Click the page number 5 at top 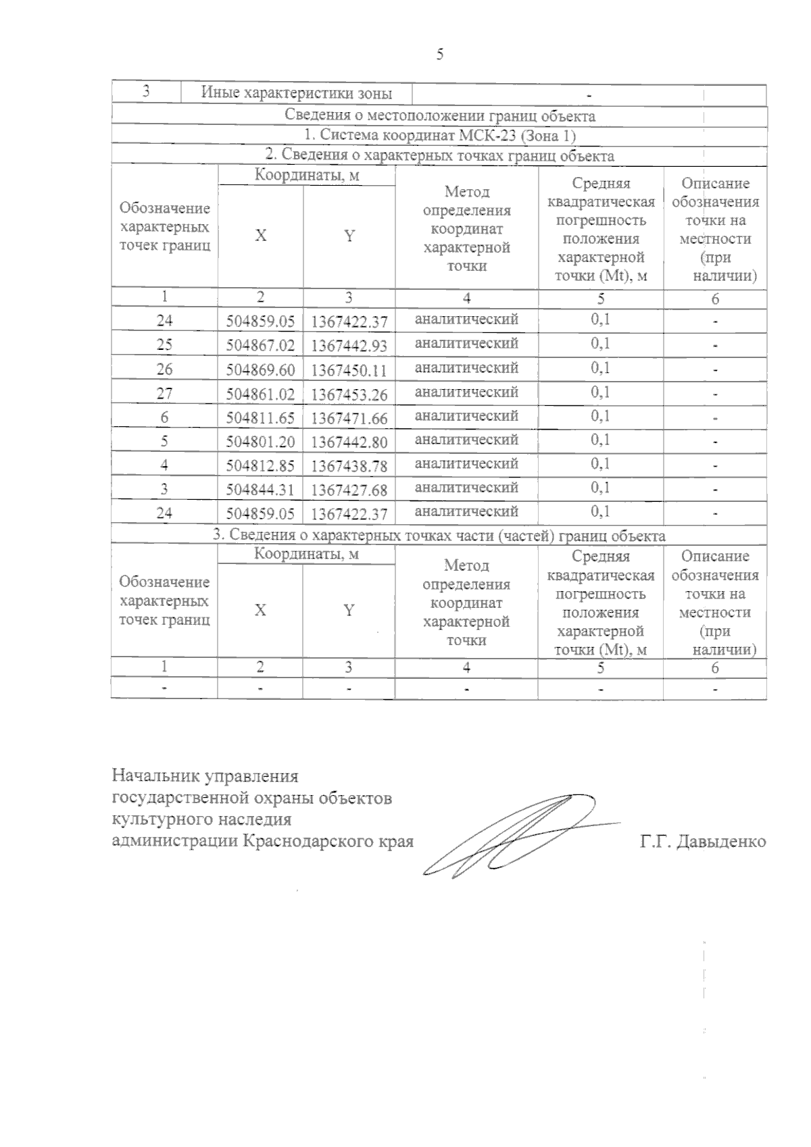440,55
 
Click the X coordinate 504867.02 260,346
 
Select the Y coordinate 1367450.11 349,370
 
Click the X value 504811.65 260,418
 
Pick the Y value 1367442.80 349,442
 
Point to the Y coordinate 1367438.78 349,466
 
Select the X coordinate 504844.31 260,490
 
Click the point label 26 164,369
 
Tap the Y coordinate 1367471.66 349,418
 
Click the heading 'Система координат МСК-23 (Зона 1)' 439,136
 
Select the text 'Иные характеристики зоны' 297,93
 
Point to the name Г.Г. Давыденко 702,842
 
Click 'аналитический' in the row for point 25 466,343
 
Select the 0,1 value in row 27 600,392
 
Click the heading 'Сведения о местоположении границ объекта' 439,116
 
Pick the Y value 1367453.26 349,394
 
